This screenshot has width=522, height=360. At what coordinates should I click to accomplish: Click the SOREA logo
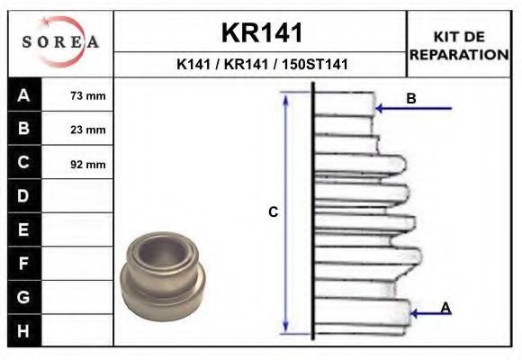(60, 42)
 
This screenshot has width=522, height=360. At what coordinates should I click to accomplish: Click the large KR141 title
(262, 32)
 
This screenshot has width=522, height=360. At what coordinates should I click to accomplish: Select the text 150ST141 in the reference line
(315, 64)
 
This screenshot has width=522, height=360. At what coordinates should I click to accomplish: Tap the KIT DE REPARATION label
(459, 46)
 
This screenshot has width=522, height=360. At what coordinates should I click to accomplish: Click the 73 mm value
(88, 96)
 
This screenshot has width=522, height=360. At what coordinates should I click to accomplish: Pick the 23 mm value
(88, 130)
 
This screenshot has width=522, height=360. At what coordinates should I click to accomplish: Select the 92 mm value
(88, 164)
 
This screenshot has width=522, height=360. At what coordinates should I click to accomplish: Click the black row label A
(24, 95)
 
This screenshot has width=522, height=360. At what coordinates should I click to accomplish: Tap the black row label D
(24, 196)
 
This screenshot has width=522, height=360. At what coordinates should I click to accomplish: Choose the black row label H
(24, 330)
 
